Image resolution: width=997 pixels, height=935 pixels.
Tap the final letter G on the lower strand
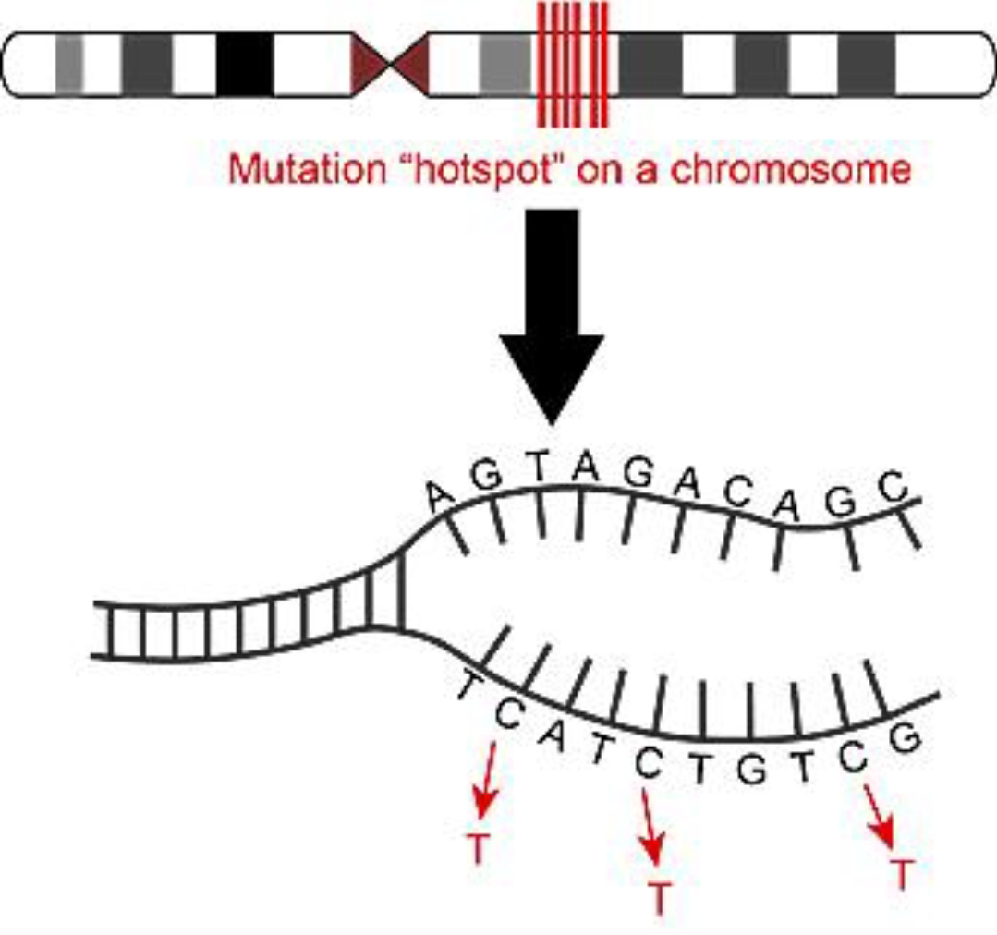908,736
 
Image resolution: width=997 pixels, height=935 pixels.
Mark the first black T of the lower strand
468,685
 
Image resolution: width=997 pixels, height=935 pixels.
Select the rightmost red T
903,872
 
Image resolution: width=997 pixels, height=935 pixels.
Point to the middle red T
658,896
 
